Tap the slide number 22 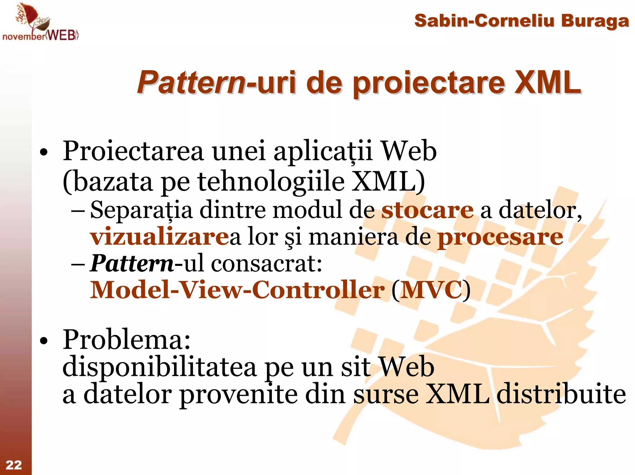click(x=14, y=465)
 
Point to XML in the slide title click(x=548, y=82)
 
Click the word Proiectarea click(x=133, y=151)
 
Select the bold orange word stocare click(x=427, y=210)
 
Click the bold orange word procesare click(x=500, y=237)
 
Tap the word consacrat click(x=267, y=264)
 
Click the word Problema click(x=127, y=340)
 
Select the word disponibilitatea click(x=159, y=367)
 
